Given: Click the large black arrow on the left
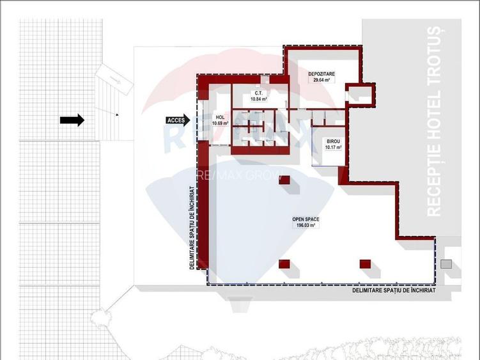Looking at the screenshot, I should click(72, 120).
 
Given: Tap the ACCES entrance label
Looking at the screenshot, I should click(175, 120).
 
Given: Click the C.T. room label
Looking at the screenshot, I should click(259, 93).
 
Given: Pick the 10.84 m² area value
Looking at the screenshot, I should click(259, 100).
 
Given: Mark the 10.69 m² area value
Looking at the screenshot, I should click(221, 123).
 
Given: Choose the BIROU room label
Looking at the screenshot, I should click(333, 141).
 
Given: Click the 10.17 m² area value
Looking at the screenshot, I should click(333, 148).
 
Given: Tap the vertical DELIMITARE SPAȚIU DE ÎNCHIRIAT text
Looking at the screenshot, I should click(192, 228).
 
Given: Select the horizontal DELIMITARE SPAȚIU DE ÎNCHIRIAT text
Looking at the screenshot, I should click(394, 290).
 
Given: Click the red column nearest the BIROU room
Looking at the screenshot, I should click(284, 180).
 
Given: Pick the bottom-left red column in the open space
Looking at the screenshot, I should click(284, 263).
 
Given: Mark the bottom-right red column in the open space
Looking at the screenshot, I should click(365, 263).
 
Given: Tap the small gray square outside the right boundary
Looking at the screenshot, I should click(446, 263).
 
